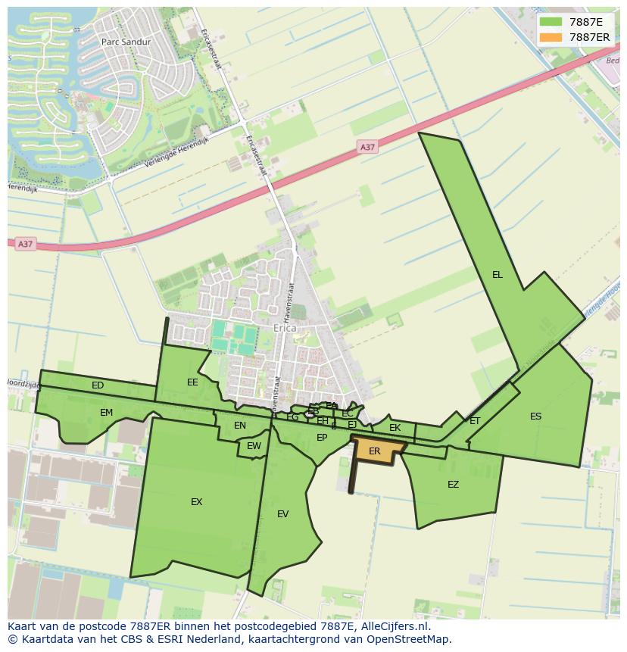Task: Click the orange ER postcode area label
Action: coord(374,451)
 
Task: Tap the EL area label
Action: coord(497,275)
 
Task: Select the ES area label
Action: coord(535,416)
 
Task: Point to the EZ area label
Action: coord(453,485)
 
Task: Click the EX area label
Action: coord(196,502)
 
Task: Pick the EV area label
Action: coord(282,514)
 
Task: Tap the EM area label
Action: coord(106,413)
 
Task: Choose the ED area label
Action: coord(98,385)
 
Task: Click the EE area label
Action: coord(192,382)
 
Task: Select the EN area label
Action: coord(240,426)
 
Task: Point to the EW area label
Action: coord(254,446)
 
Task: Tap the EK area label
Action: coord(395,428)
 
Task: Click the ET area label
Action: coord(475,421)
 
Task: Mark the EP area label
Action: coord(322,438)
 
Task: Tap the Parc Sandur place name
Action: coord(126,42)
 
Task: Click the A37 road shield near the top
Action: coord(367,147)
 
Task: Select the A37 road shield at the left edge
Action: coord(25,244)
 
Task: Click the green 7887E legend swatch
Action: coord(551,22)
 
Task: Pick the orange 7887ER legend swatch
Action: coord(551,37)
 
